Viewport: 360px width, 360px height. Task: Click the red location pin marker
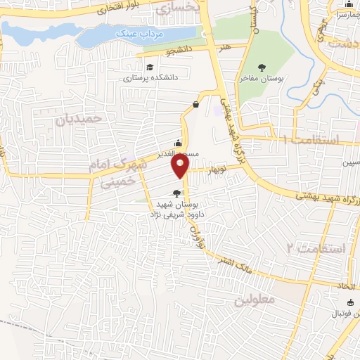click(x=181, y=166)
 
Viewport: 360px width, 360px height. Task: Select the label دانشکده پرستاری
click(x=148, y=79)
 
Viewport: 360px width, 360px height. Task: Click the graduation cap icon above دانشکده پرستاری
click(x=149, y=67)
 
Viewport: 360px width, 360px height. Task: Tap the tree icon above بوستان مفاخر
click(x=262, y=67)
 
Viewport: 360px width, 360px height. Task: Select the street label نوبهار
click(x=217, y=169)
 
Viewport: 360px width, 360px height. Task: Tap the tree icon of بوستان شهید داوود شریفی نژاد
click(x=176, y=193)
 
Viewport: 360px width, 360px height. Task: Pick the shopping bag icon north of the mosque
click(x=195, y=105)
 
